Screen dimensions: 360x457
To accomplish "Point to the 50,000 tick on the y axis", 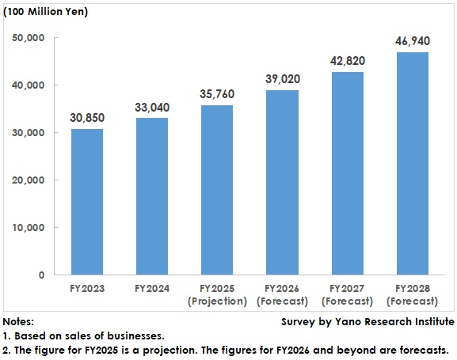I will click(x=29, y=38).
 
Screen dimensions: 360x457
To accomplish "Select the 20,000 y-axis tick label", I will click(x=29, y=180).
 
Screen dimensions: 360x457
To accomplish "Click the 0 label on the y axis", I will click(x=41, y=275).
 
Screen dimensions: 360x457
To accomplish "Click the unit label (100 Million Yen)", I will click(x=46, y=12).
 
